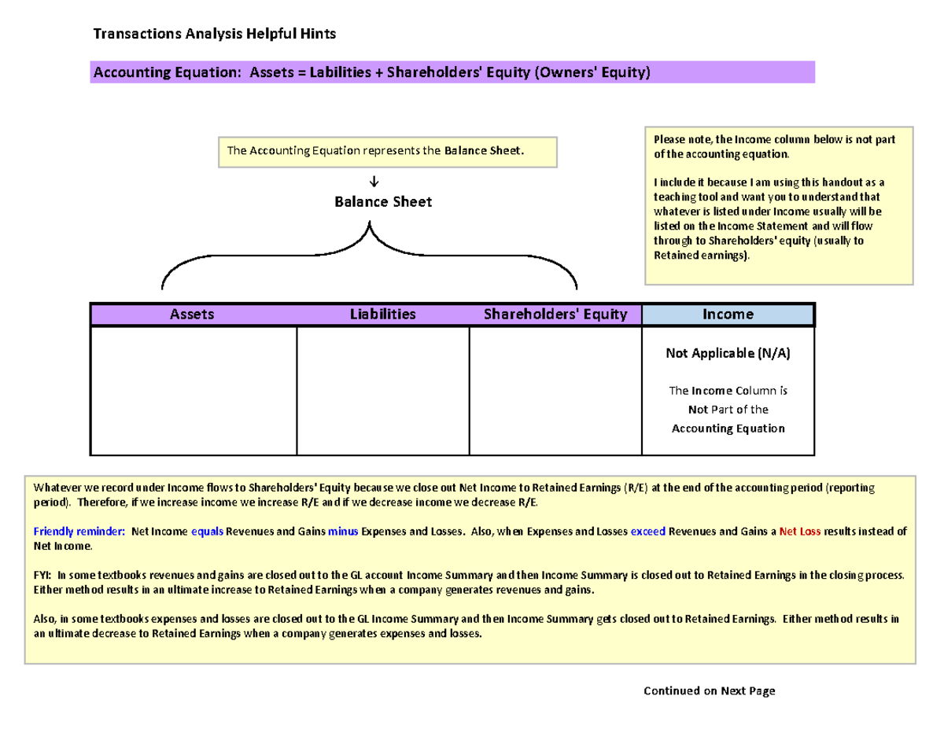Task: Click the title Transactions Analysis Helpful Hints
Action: click(214, 34)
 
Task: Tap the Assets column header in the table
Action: click(193, 315)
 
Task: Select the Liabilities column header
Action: click(382, 315)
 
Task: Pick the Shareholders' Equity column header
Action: click(555, 315)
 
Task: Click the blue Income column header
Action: click(728, 315)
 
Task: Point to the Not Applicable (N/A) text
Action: click(728, 354)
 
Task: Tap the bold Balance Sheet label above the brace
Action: click(383, 202)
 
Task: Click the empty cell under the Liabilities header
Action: click(382, 391)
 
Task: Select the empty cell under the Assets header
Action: click(194, 391)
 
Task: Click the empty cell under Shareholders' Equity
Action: click(555, 391)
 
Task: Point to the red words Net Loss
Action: click(800, 532)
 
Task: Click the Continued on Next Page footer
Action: click(709, 691)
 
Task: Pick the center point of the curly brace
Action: click(368, 236)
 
